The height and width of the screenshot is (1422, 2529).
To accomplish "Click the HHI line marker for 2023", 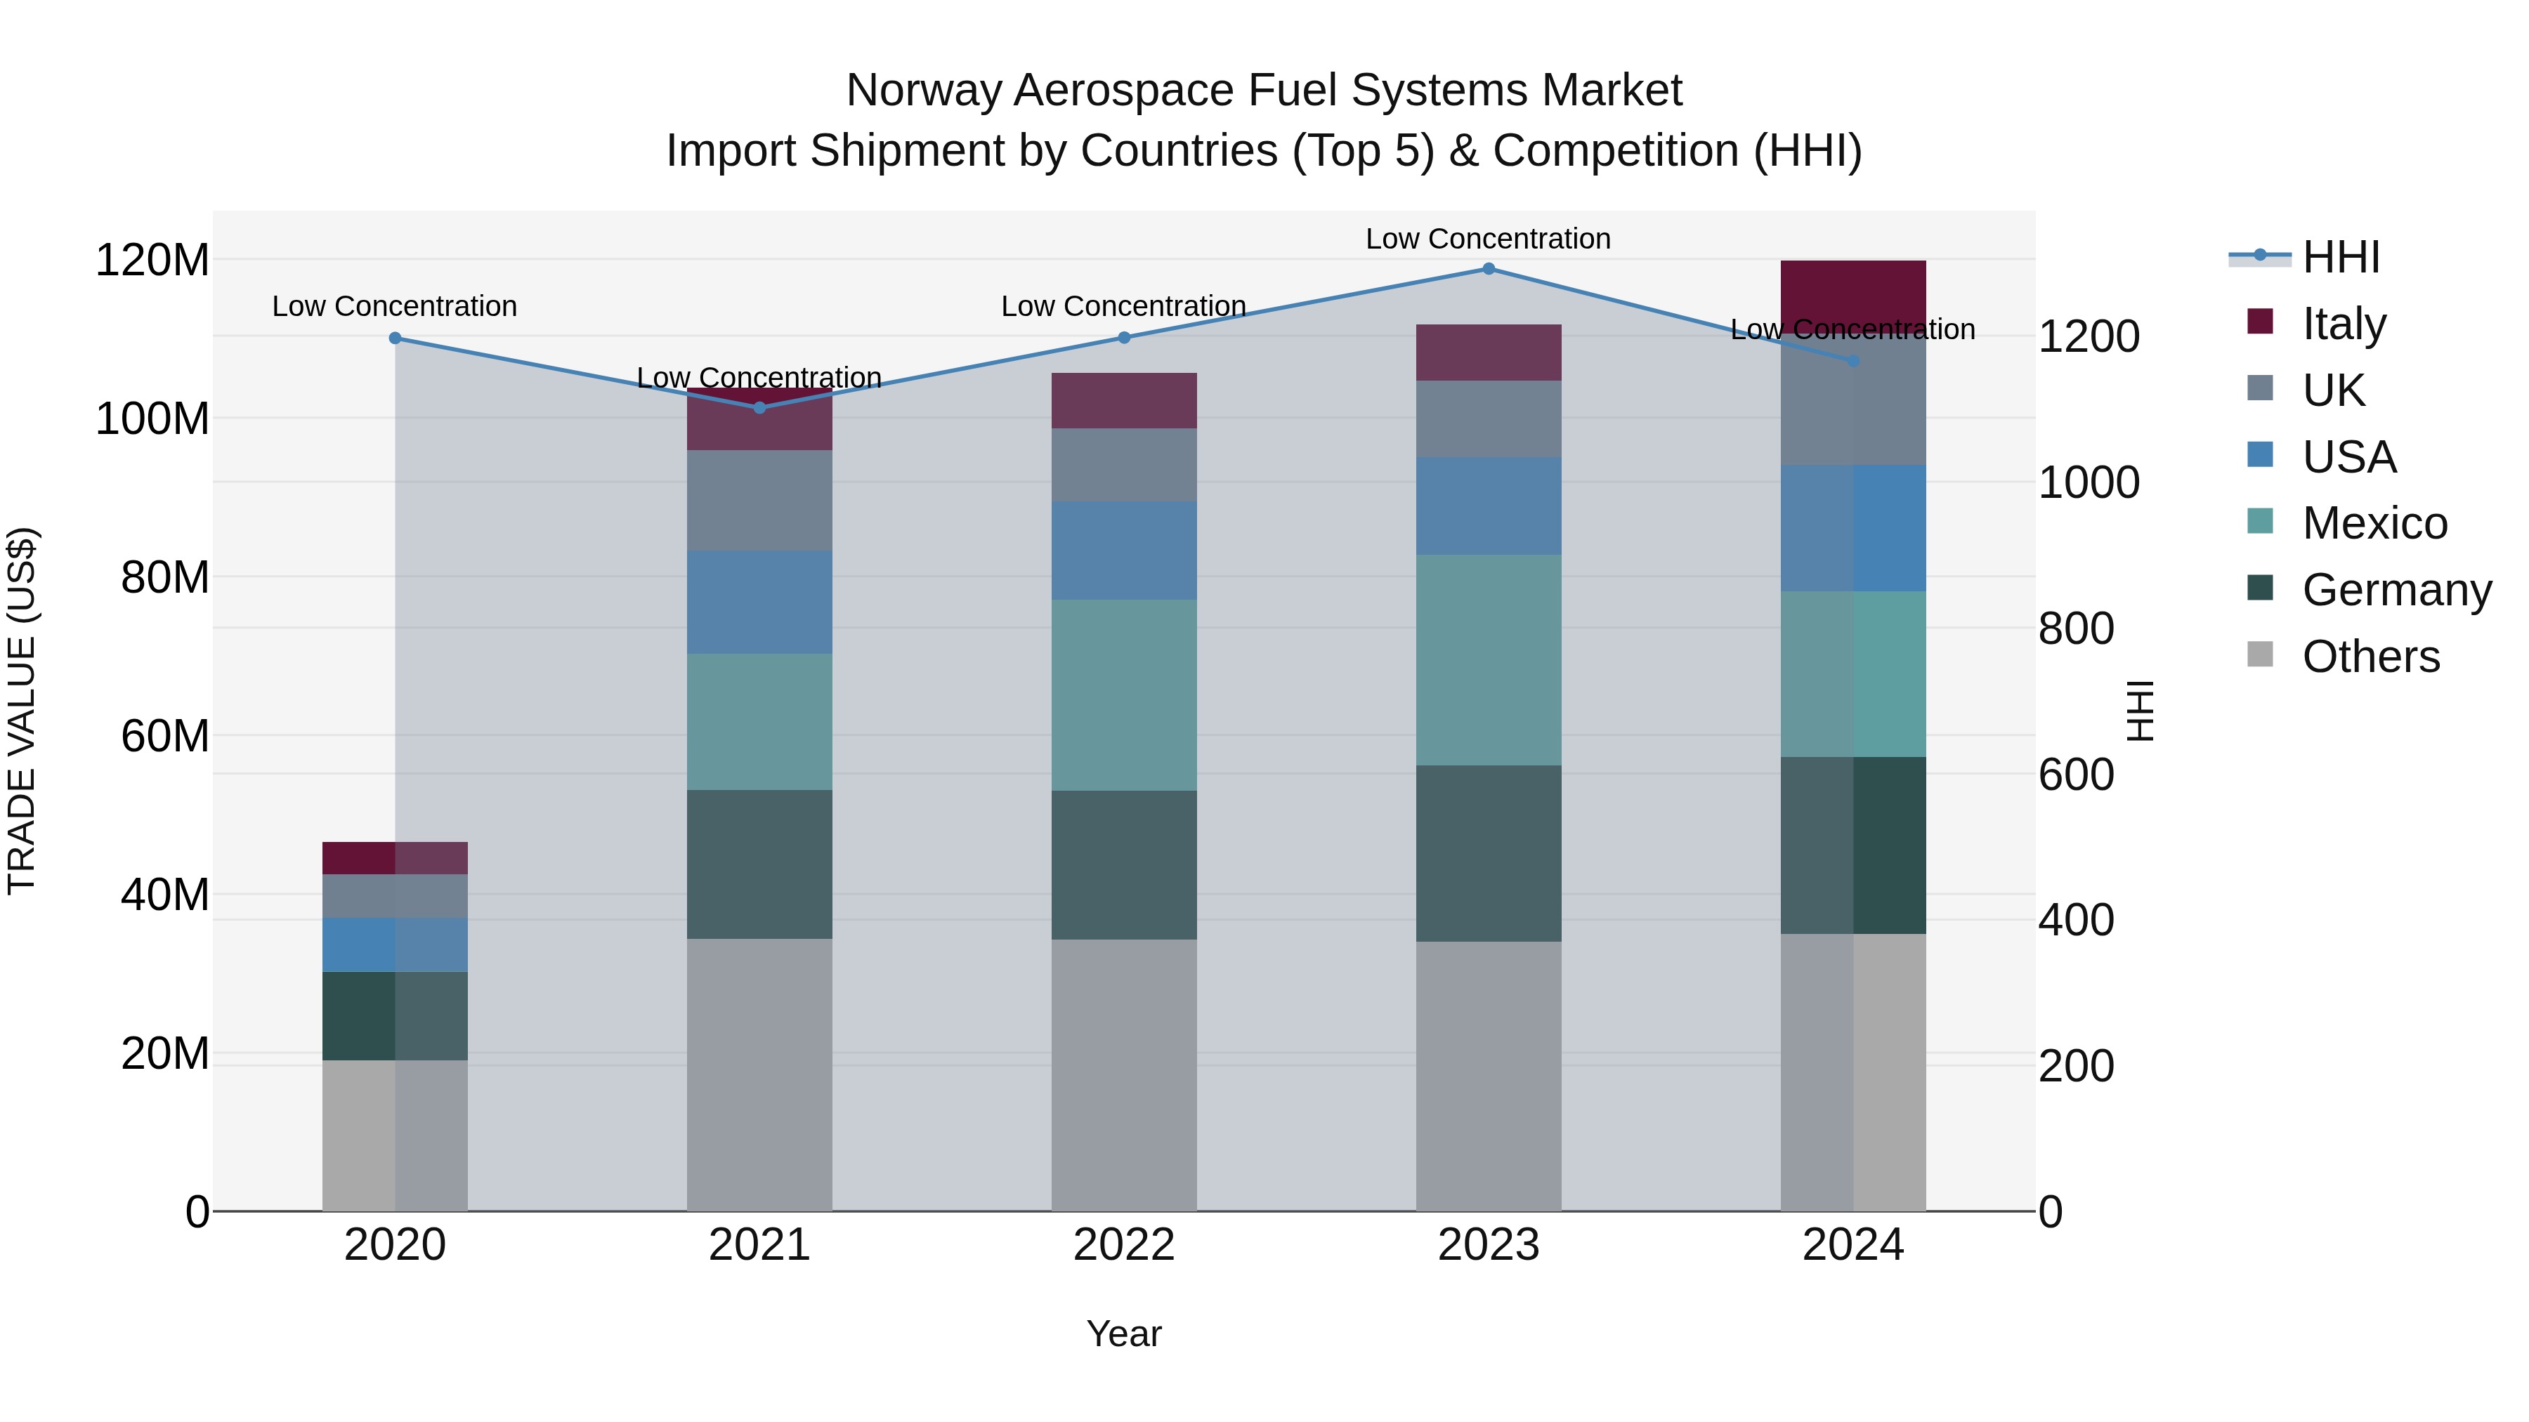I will point(1489,269).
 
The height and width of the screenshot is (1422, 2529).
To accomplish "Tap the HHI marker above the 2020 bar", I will point(395,338).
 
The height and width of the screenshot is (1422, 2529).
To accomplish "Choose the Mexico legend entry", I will point(2374,523).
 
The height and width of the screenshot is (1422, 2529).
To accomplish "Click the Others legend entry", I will point(2370,657).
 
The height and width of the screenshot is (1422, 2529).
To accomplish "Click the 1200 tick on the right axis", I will point(2089,336).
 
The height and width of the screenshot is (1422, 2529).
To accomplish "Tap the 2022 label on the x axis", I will point(1124,1245).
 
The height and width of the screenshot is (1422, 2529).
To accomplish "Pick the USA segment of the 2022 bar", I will point(1124,551).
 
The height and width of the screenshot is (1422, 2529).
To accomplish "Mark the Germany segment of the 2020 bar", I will point(395,1015).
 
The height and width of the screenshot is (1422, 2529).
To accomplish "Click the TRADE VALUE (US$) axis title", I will point(22,711).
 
